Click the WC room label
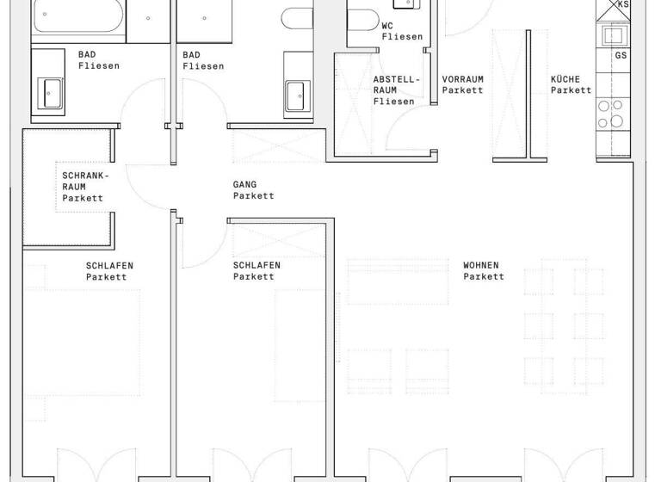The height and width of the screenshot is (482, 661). pyautogui.click(x=387, y=26)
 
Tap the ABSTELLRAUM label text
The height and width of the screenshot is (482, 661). pyautogui.click(x=397, y=90)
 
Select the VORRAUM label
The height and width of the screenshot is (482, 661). pyautogui.click(x=462, y=79)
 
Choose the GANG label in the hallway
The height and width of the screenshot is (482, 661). pyautogui.click(x=244, y=184)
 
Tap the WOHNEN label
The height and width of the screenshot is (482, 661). pyautogui.click(x=480, y=265)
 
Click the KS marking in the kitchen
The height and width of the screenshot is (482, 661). pyautogui.click(x=624, y=5)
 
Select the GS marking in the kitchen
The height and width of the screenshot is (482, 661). pyautogui.click(x=621, y=56)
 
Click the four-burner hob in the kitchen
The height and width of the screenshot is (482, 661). pyautogui.click(x=613, y=114)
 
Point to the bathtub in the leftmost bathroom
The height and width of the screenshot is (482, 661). pyautogui.click(x=78, y=17)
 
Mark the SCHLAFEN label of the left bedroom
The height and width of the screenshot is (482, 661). pyautogui.click(x=109, y=265)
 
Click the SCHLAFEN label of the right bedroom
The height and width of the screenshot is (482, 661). pyautogui.click(x=256, y=265)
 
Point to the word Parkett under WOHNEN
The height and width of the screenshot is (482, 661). pyautogui.click(x=484, y=276)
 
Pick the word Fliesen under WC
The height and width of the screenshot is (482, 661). pyautogui.click(x=402, y=37)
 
